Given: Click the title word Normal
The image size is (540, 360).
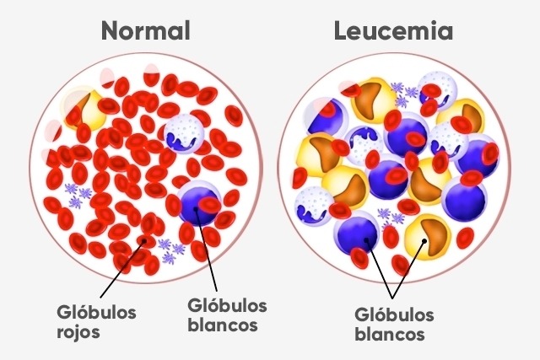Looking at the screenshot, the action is (x=146, y=30).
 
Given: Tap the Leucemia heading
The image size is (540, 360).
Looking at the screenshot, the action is (x=393, y=30).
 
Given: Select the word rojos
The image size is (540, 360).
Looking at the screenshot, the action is (x=78, y=333).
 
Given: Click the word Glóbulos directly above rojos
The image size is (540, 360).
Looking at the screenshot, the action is (x=96, y=313).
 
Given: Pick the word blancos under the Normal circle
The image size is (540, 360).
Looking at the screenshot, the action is (x=223, y=325).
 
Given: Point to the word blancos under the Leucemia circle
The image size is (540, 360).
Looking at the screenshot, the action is (x=390, y=334).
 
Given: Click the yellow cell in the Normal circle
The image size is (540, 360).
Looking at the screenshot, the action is (x=84, y=109).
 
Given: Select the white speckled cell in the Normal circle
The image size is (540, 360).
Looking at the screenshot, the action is (x=184, y=133).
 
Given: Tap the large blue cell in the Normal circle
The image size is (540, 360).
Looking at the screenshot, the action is (x=199, y=203).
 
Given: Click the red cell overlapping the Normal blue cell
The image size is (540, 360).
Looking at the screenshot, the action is (x=209, y=205).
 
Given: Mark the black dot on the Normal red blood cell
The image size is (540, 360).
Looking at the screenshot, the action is (x=144, y=240).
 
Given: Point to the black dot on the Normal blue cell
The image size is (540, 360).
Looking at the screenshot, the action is (x=196, y=208).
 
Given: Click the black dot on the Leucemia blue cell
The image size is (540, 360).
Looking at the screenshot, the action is (x=366, y=240).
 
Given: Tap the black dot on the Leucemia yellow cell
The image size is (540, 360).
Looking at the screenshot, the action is (x=424, y=241).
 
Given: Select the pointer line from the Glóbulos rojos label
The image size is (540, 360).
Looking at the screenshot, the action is (x=122, y=269).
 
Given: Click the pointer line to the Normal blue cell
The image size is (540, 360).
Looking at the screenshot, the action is (x=206, y=250).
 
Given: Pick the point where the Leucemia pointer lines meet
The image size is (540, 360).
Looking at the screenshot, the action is (x=392, y=298).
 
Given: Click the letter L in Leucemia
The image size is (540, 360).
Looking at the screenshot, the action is (x=341, y=30).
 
